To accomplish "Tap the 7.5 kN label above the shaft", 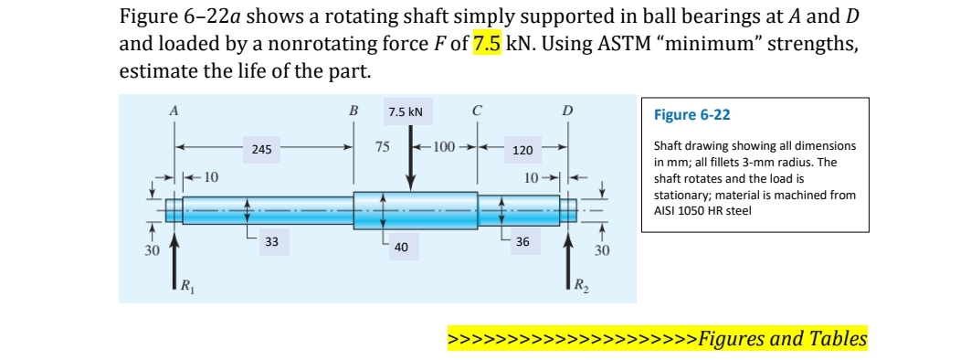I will [x=405, y=112].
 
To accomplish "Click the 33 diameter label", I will [x=272, y=242].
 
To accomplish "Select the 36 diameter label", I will [x=522, y=242].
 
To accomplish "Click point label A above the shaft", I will [x=174, y=110].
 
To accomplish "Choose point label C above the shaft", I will [x=477, y=111].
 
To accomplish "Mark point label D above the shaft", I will [x=567, y=111].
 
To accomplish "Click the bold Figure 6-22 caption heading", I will [x=692, y=116].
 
